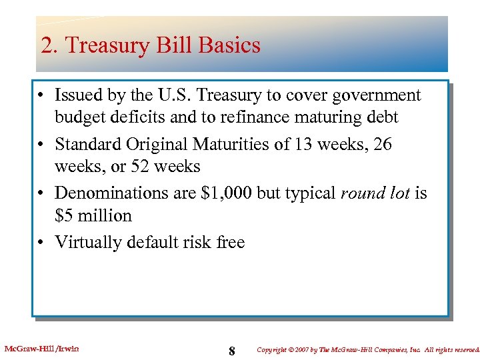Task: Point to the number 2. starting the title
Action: (x=49, y=46)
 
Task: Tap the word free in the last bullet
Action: (x=230, y=242)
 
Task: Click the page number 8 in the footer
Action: (x=231, y=351)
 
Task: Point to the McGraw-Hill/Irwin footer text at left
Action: (x=41, y=348)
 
